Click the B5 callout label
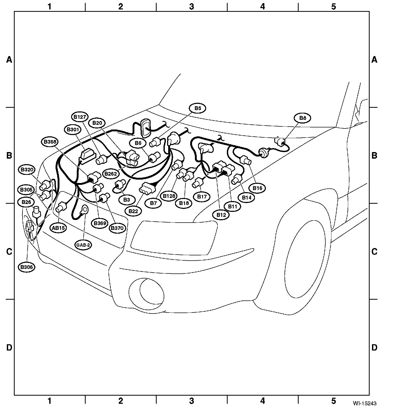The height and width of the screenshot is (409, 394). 198,108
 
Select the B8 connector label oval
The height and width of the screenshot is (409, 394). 303,118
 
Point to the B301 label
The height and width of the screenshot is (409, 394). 73,130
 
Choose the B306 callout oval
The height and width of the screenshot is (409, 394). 26,267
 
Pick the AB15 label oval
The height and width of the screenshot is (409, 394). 58,228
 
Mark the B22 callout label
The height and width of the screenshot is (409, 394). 133,211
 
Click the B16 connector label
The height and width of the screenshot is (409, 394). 257,188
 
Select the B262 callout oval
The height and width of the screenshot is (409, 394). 111,174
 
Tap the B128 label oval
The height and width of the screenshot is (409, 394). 169,196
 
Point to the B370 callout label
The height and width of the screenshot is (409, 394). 117,228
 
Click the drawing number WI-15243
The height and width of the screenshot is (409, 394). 366,403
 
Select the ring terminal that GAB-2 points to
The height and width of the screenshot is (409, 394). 84,210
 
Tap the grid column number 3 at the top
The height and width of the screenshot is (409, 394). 191,7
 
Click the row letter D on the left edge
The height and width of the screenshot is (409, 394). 9,348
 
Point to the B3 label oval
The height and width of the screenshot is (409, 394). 127,200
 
